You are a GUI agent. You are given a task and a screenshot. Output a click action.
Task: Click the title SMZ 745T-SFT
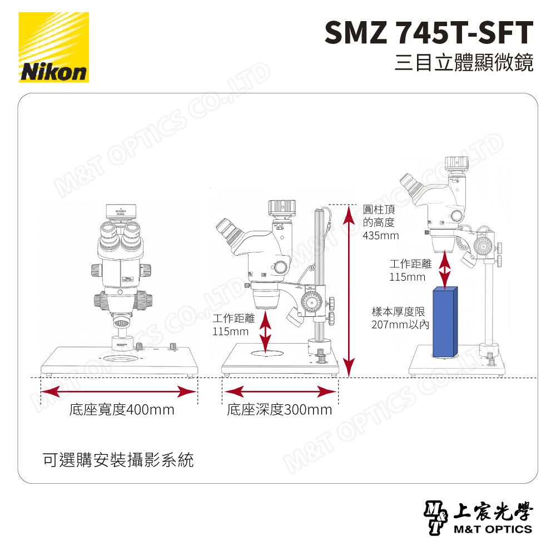(429, 33)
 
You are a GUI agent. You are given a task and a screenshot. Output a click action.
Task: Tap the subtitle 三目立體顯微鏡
(464, 62)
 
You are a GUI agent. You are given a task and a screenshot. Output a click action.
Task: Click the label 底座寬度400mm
(122, 410)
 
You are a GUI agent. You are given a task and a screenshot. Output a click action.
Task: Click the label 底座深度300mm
(279, 410)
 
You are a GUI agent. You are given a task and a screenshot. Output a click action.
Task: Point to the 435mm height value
(380, 236)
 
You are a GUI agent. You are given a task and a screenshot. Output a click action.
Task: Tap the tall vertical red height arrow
(349, 289)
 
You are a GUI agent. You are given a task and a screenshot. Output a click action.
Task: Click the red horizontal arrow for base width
(120, 391)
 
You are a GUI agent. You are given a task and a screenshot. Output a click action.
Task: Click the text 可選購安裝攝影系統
(118, 460)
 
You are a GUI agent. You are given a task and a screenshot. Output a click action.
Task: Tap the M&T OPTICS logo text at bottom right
(492, 529)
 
